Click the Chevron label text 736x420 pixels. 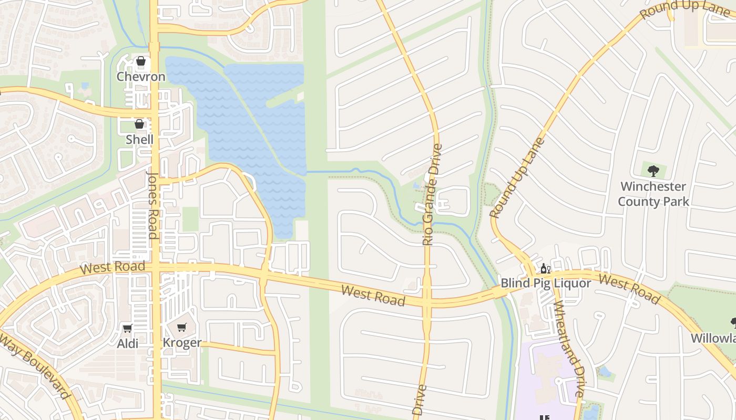tap(141, 77)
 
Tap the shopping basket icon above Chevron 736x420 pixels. tap(141, 61)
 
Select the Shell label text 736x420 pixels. tap(140, 139)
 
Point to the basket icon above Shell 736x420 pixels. tap(139, 124)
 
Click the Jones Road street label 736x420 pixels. tap(153, 205)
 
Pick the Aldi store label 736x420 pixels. tap(128, 343)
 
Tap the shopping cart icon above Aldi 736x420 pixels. tap(127, 329)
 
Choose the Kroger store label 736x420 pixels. tap(182, 343)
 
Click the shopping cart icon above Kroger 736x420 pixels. tap(182, 328)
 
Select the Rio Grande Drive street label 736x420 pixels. tap(432, 194)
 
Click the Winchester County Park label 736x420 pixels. tap(653, 194)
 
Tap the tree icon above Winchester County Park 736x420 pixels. tap(653, 171)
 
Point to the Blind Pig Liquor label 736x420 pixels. tap(546, 283)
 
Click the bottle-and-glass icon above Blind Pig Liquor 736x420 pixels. tap(546, 269)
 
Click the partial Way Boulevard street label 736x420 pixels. tap(35, 364)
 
